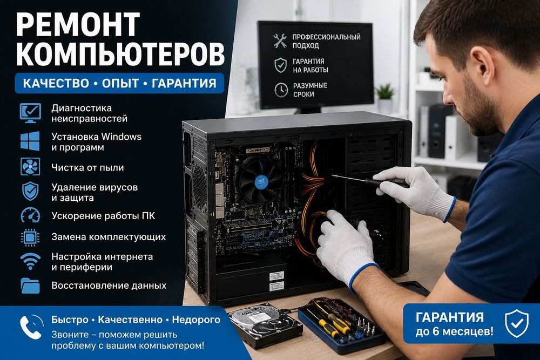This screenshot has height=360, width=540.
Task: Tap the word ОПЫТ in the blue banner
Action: pos(120,83)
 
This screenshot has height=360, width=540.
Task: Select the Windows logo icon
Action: pos(30,141)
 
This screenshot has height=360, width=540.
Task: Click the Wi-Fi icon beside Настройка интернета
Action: pos(30,261)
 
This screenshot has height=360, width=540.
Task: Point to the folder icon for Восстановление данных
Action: pos(30,286)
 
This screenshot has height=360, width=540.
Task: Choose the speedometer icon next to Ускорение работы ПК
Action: pos(30,215)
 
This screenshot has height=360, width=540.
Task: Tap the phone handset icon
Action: pos(31,327)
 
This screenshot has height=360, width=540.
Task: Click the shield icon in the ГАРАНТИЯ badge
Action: pos(517,323)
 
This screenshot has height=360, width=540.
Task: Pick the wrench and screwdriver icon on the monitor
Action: pos(280,40)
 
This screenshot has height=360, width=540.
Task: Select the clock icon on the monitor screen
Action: pos(281,90)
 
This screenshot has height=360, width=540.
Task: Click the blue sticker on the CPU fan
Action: pos(261,181)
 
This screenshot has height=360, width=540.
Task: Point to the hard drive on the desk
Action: pos(265,325)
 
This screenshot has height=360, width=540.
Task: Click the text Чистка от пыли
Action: pos(87,168)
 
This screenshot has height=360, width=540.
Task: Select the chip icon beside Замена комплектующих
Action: pos(30,237)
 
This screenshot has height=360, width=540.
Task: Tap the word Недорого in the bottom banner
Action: pos(196,320)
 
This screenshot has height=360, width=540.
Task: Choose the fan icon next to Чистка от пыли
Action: pos(30,167)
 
